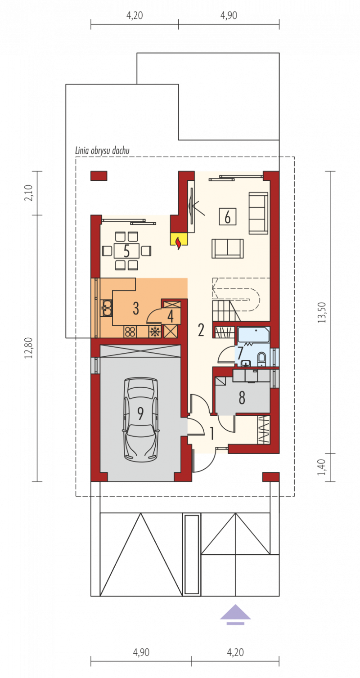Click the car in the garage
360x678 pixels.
coord(140,419)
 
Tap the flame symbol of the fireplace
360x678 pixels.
coord(179,243)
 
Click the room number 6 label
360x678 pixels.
coord(227,217)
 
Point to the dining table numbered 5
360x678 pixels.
coord(126,251)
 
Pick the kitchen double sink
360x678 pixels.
coord(107,308)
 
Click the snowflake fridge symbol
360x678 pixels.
coord(155,332)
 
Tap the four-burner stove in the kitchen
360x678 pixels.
coord(130,332)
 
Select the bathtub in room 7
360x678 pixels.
coord(253,334)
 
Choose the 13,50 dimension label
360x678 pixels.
coord(322,313)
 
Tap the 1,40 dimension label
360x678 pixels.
coord(322,467)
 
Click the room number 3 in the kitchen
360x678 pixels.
coord(136,309)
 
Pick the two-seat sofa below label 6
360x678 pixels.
coord(227,248)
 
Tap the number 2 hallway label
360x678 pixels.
coord(201,330)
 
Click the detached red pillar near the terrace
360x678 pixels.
coord(99,176)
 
